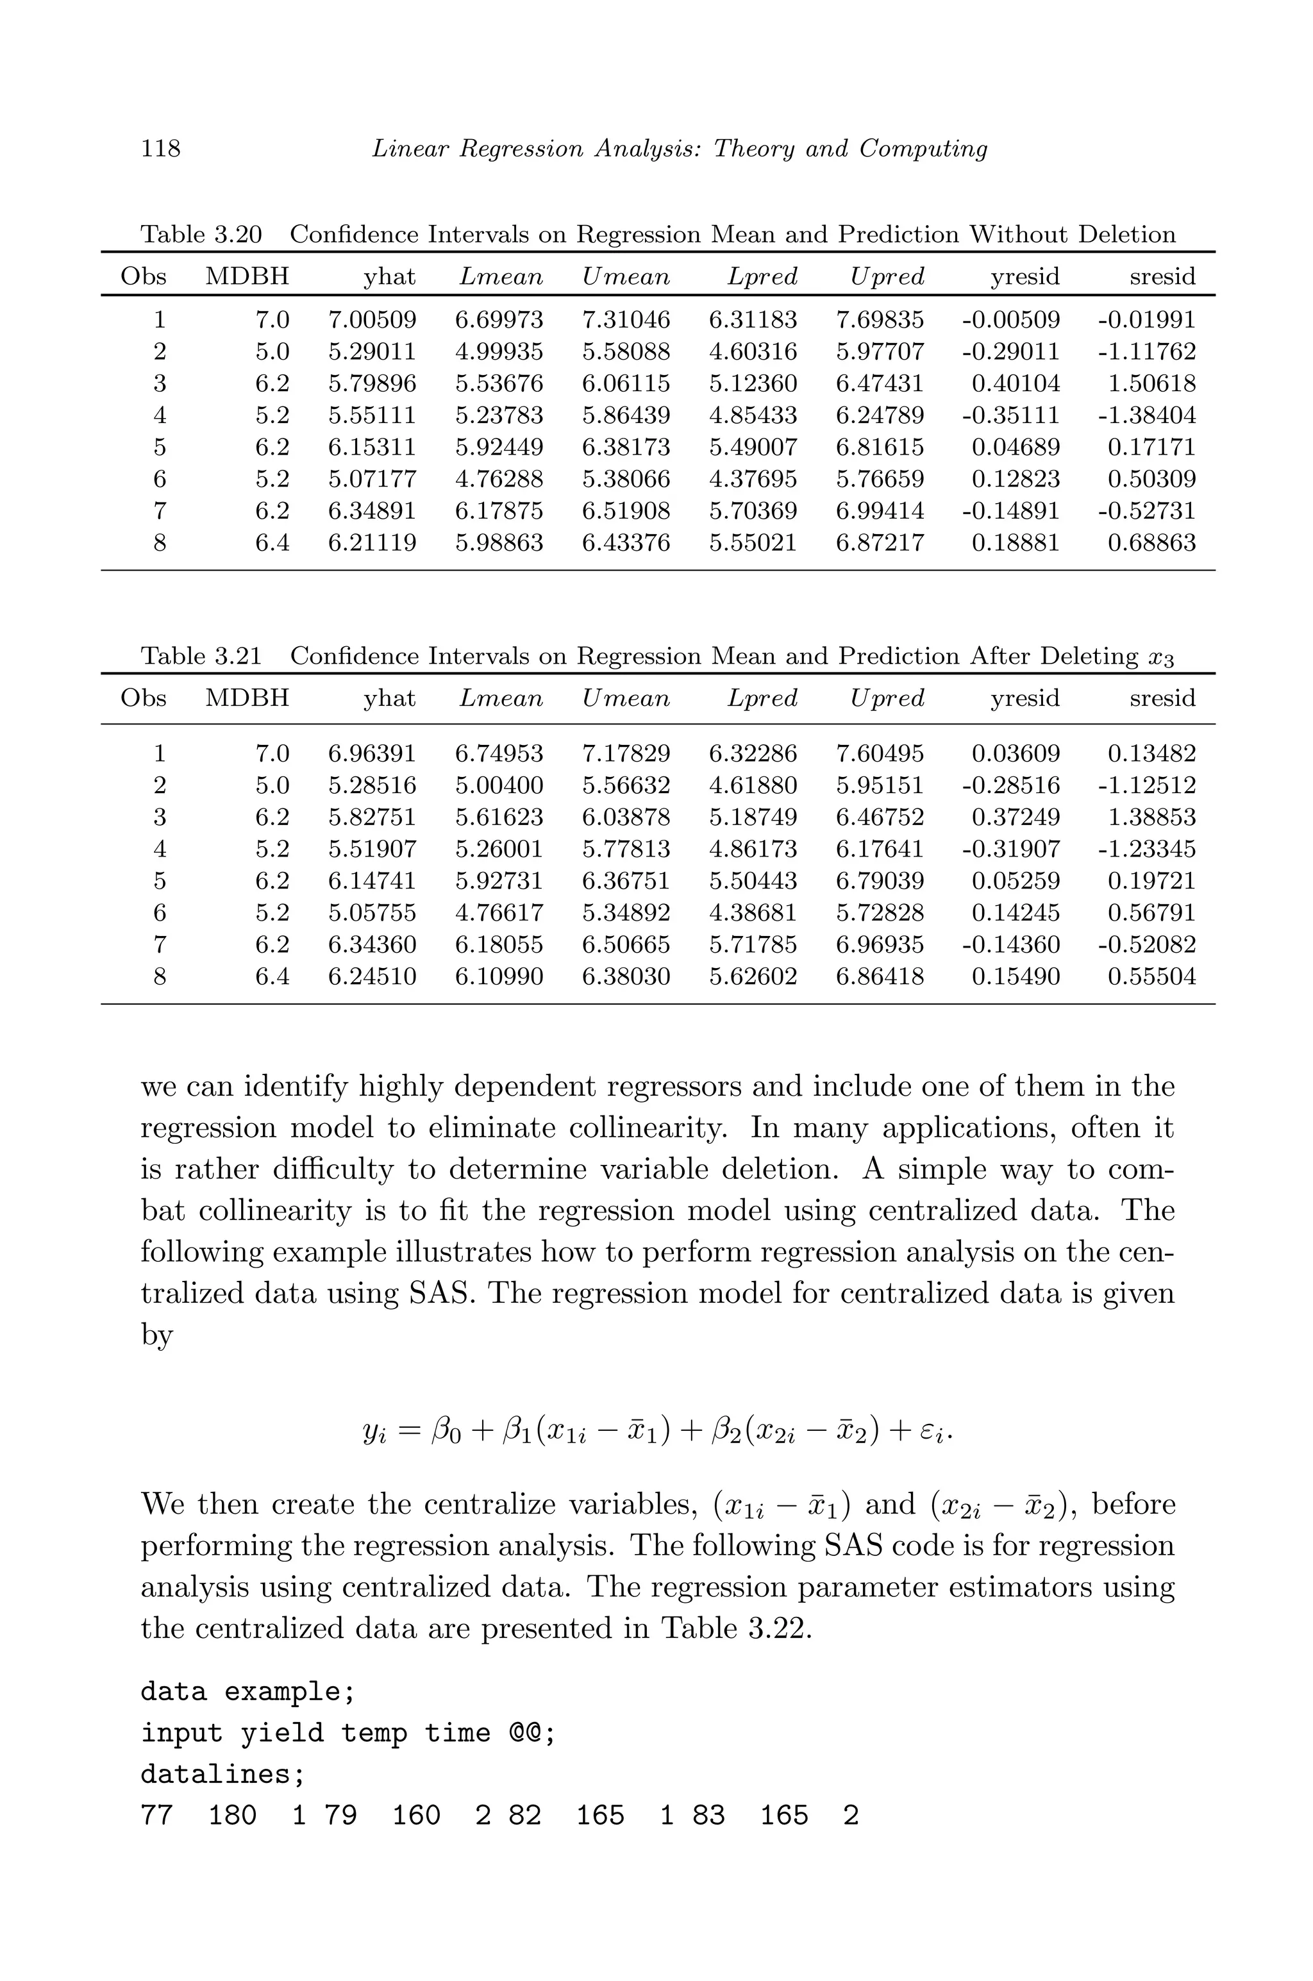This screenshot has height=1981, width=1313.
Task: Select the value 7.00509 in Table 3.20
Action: tap(372, 320)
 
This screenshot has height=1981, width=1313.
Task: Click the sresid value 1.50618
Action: tap(1151, 383)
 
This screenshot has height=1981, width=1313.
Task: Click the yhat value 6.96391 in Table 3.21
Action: tap(372, 753)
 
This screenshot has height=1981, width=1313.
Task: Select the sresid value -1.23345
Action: tap(1146, 849)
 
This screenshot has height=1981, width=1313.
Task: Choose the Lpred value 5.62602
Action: tap(753, 976)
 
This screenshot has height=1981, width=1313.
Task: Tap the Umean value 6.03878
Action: tap(626, 817)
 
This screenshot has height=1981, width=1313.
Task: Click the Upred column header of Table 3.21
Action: tap(887, 698)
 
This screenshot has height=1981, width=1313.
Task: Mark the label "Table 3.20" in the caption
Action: tap(201, 235)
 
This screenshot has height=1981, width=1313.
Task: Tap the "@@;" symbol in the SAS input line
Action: tap(531, 1732)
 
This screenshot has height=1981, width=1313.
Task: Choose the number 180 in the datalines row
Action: tap(232, 1815)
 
